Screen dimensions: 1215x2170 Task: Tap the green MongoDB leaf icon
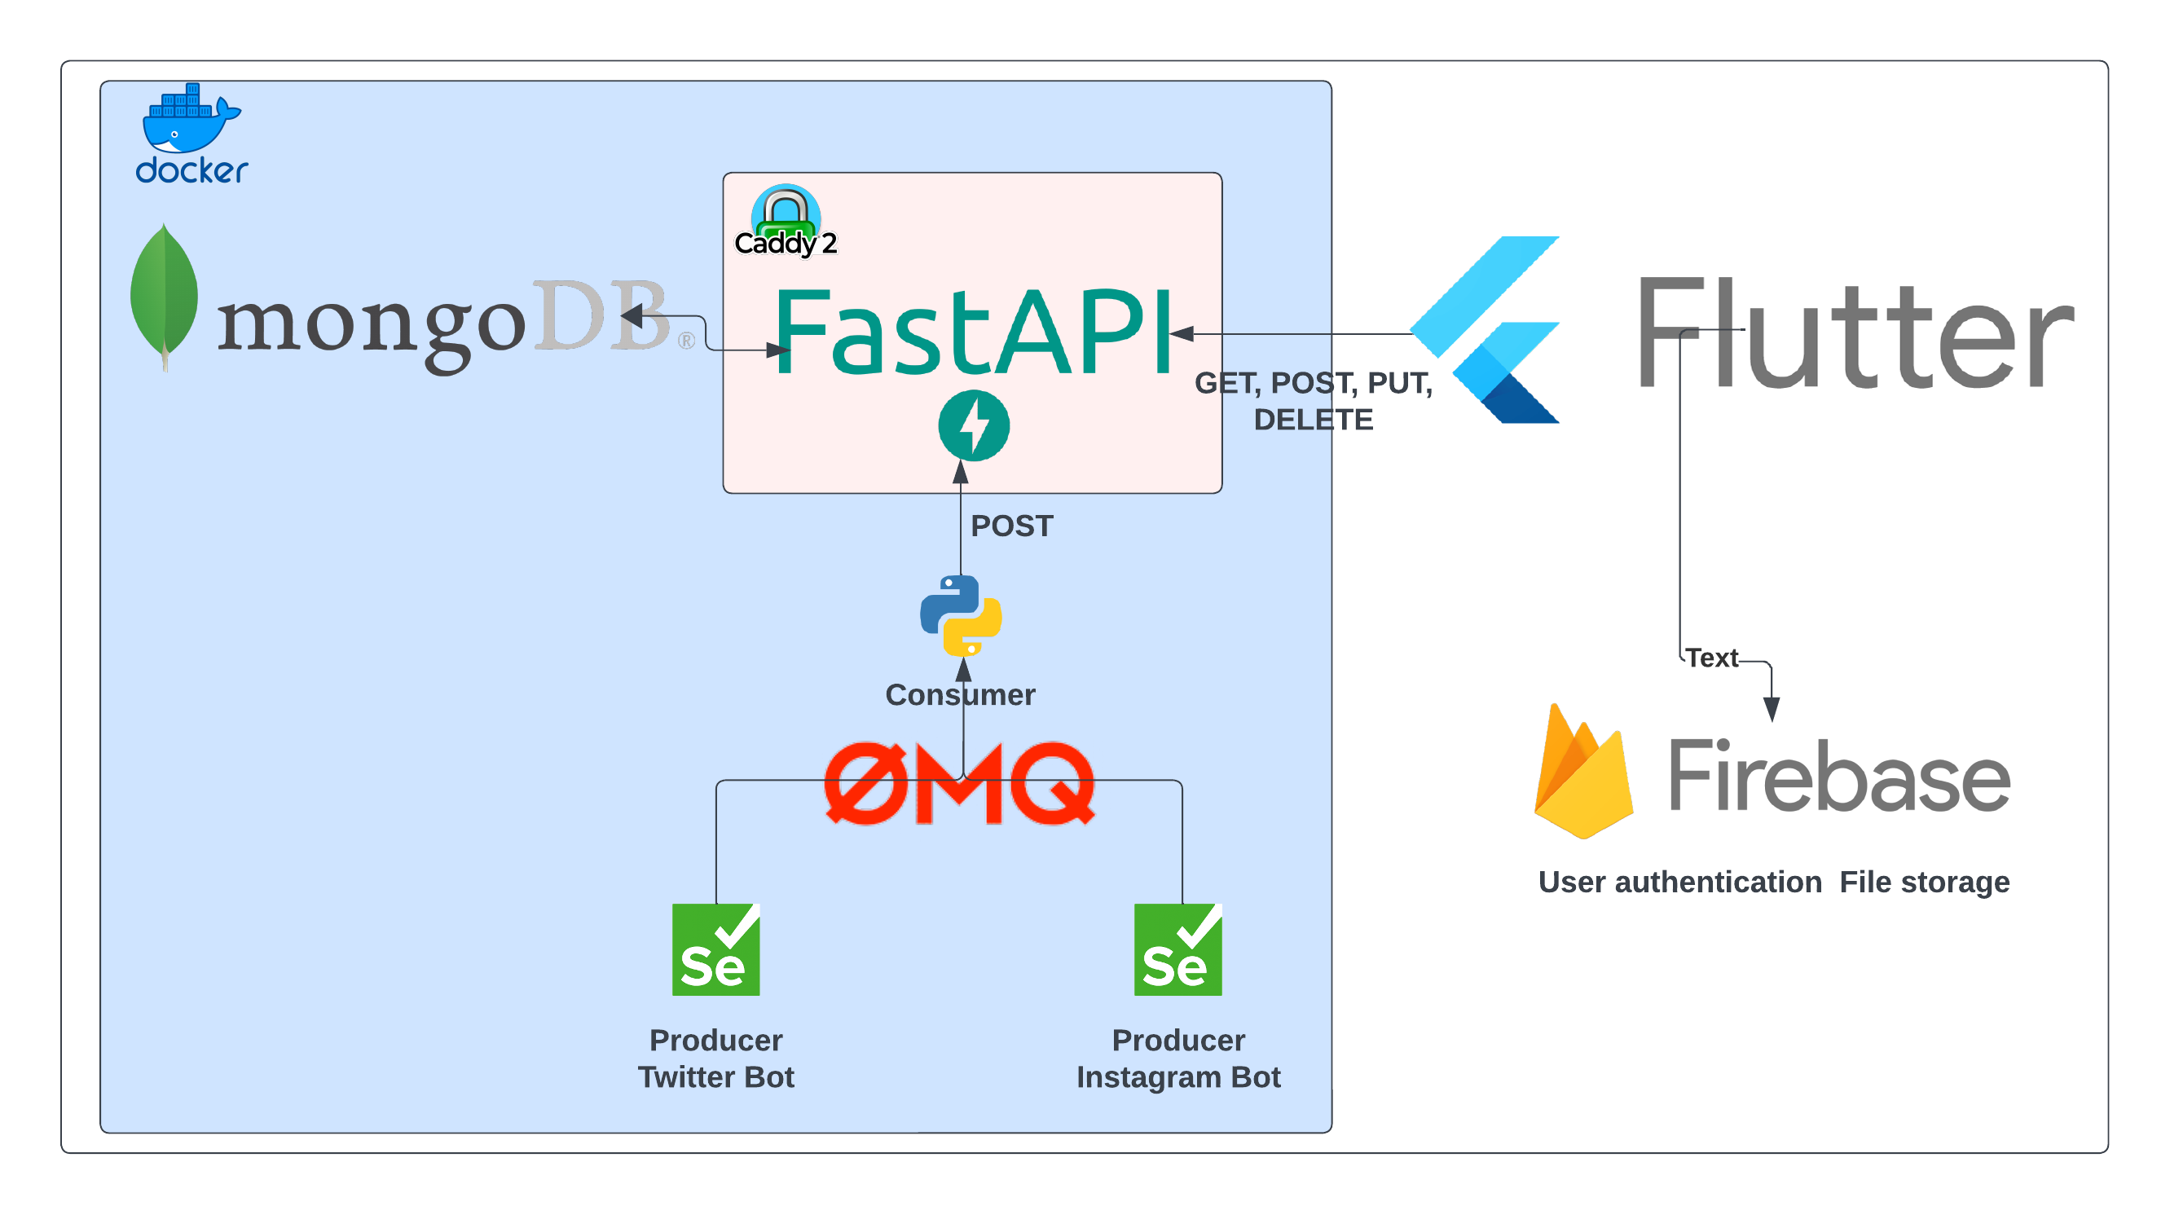[165, 295]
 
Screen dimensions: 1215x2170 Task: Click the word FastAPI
[973, 332]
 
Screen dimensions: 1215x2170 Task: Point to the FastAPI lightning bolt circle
[974, 425]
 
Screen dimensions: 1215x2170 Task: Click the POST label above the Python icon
[1012, 526]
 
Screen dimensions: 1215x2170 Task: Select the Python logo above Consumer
[962, 615]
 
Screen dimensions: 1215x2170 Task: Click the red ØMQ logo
[959, 783]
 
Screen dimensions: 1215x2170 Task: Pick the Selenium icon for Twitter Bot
[716, 949]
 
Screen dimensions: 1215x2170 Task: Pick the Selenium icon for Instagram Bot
[1177, 949]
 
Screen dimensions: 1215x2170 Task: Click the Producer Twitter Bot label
[716, 1059]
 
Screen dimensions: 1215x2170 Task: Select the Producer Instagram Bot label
[1177, 1059]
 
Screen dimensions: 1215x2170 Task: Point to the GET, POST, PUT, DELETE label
[1314, 401]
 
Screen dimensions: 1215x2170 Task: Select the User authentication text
[1679, 883]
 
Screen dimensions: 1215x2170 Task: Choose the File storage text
[1924, 883]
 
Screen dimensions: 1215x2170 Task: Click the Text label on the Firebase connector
[1712, 658]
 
